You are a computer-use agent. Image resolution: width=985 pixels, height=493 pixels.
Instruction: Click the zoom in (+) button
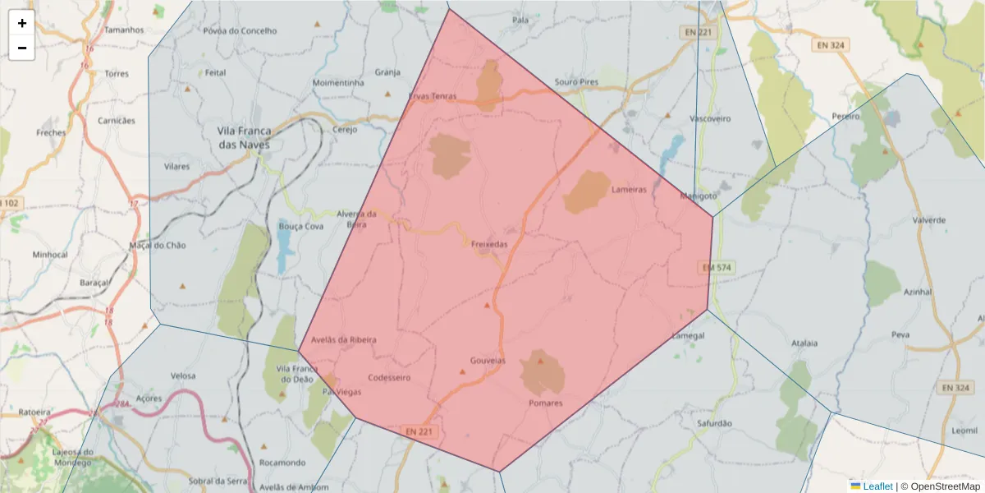(x=22, y=23)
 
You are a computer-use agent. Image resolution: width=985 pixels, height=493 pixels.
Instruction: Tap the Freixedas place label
(x=490, y=245)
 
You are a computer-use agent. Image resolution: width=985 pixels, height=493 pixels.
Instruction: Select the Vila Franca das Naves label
(x=243, y=137)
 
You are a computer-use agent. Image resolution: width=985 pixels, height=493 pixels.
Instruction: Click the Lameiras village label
(x=630, y=190)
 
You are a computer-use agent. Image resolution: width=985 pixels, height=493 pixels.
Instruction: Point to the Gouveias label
(x=488, y=361)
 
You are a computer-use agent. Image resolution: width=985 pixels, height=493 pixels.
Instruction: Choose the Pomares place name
(x=546, y=403)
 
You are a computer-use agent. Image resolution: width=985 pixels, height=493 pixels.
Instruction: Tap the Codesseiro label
(x=389, y=378)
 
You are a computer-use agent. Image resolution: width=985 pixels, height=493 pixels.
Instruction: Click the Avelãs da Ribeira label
(x=344, y=339)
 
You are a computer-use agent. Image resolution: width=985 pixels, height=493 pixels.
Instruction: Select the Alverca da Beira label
(x=357, y=219)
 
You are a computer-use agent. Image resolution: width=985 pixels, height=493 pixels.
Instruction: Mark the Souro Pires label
(x=576, y=82)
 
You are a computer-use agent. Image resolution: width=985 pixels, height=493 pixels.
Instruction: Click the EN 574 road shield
(x=717, y=268)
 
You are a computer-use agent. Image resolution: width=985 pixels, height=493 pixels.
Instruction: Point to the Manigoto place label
(x=699, y=196)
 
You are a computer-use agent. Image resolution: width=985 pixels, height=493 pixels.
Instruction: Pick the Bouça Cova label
(x=301, y=226)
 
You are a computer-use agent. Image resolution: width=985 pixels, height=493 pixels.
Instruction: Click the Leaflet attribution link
(x=877, y=486)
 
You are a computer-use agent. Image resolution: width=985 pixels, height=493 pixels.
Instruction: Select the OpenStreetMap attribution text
(x=945, y=486)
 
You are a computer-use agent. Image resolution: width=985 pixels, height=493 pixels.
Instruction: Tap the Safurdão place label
(x=713, y=423)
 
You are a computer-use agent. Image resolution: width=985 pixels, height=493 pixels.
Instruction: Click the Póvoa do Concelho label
(x=240, y=31)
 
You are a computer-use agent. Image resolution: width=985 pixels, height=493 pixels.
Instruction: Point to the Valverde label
(x=929, y=220)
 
